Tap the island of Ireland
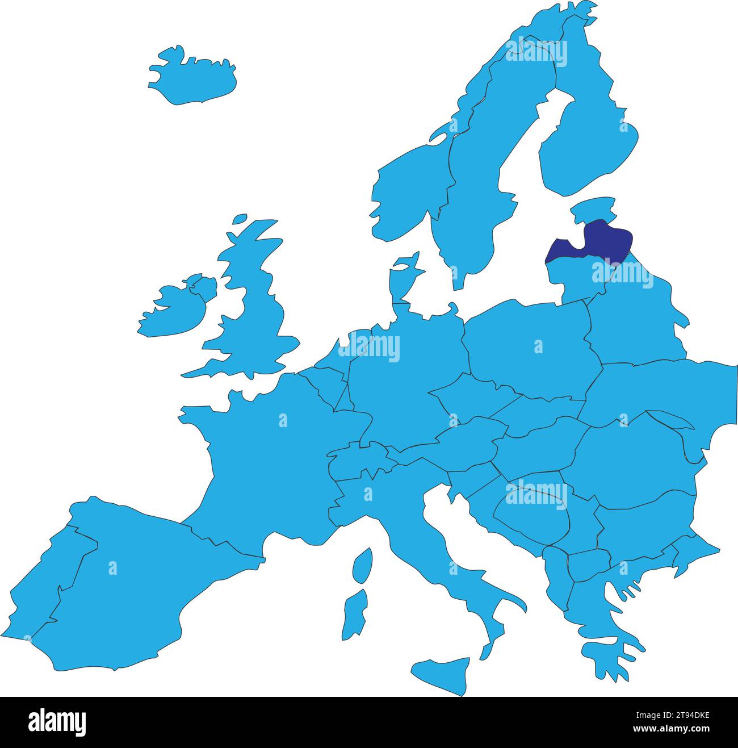(170, 310)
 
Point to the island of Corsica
(362, 565)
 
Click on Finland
(590, 142)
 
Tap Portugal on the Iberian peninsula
(45, 579)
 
